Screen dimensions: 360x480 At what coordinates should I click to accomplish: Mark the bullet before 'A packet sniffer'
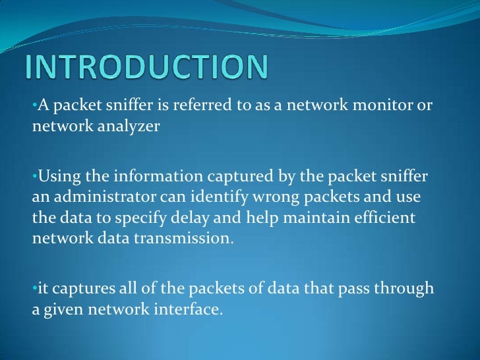click(34, 107)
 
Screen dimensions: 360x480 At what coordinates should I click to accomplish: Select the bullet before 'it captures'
click(34, 288)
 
